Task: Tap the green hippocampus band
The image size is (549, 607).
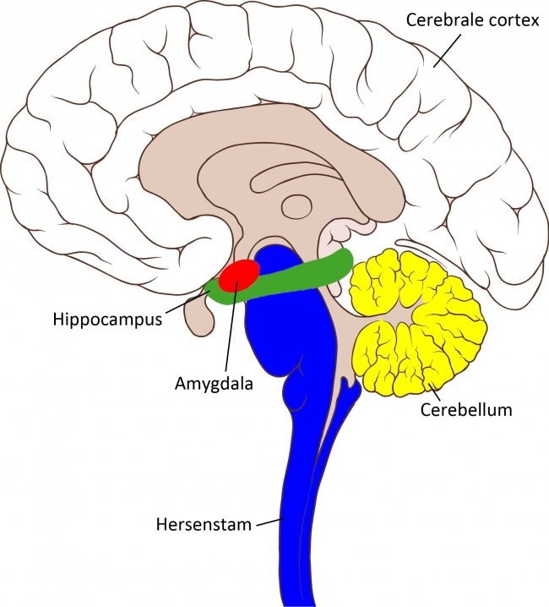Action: tap(304, 276)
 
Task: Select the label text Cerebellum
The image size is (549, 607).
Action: tap(466, 411)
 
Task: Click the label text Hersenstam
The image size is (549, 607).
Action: tap(203, 525)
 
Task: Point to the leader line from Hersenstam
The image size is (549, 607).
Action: tap(269, 521)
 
